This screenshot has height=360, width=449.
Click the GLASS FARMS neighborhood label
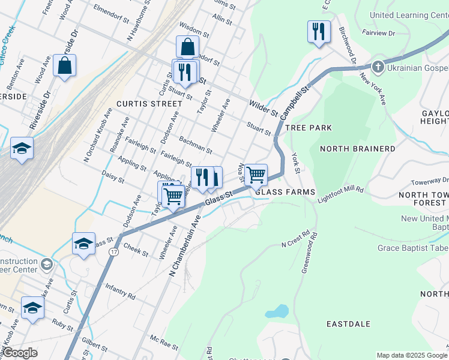[x=285, y=192]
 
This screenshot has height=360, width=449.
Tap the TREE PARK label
[x=308, y=128]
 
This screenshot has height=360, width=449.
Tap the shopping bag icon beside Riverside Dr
[x=65, y=65]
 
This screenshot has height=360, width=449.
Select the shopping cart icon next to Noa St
[x=256, y=175]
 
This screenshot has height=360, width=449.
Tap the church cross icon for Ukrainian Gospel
[x=378, y=66]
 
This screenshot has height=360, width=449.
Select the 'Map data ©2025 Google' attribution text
[x=412, y=355]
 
